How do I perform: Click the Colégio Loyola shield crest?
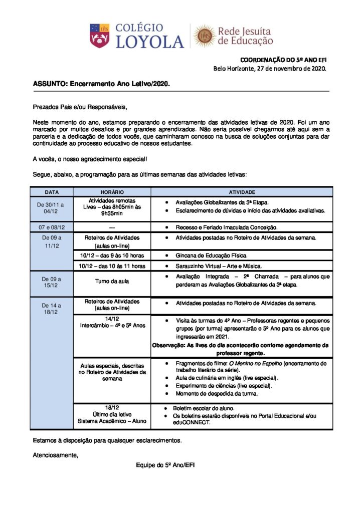pyautogui.click(x=99, y=36)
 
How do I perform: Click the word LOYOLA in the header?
pyautogui.click(x=150, y=42)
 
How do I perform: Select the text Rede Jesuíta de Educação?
pyautogui.click(x=245, y=37)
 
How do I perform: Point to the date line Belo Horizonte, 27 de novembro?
pyautogui.click(x=270, y=69)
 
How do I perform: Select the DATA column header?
pyautogui.click(x=52, y=192)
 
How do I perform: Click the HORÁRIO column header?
pyautogui.click(x=112, y=192)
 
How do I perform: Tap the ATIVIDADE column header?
pyautogui.click(x=242, y=192)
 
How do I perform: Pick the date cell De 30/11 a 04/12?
pyautogui.click(x=52, y=208)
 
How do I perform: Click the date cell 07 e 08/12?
pyautogui.click(x=52, y=227)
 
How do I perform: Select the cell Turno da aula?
pyautogui.click(x=112, y=281)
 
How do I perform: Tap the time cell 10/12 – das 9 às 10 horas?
pyautogui.click(x=112, y=255)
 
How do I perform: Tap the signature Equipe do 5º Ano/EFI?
pyautogui.click(x=165, y=465)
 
